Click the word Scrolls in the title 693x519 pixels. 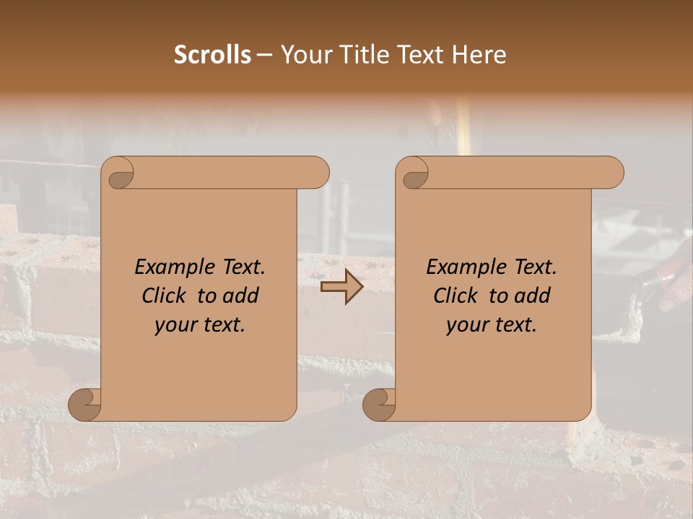click(x=212, y=55)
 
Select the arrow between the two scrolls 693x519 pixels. click(x=341, y=287)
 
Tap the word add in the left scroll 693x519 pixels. click(x=242, y=296)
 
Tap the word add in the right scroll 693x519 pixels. click(x=533, y=296)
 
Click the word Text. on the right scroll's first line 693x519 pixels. click(x=535, y=267)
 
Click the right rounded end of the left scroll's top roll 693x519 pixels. click(x=318, y=172)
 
